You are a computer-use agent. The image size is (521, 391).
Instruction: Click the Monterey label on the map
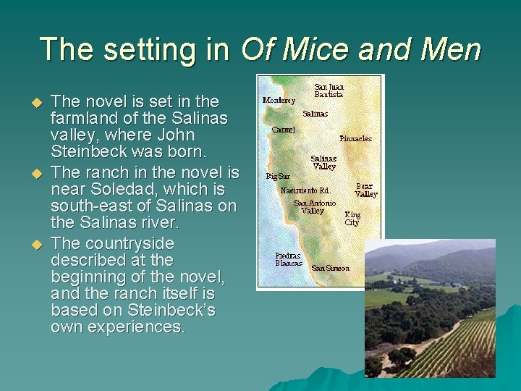(x=279, y=100)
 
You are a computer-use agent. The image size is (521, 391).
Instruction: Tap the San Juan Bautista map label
(x=329, y=91)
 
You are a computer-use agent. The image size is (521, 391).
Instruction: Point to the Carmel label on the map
(x=283, y=130)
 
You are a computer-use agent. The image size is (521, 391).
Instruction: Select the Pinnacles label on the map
(x=355, y=138)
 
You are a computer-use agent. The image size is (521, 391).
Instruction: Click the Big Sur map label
(x=277, y=176)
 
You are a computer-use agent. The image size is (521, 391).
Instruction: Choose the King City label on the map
(x=352, y=219)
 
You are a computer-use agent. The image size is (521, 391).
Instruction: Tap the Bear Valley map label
(x=365, y=190)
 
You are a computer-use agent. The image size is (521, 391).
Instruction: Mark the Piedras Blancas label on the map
(x=288, y=259)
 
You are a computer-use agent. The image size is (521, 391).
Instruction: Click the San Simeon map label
(x=330, y=269)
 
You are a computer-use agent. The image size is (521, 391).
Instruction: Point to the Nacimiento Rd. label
(x=305, y=190)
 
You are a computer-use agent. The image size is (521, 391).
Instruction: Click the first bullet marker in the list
(x=41, y=101)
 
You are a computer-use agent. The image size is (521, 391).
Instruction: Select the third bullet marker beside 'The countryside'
(x=41, y=244)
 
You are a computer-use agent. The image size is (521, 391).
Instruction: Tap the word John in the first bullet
(x=177, y=135)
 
